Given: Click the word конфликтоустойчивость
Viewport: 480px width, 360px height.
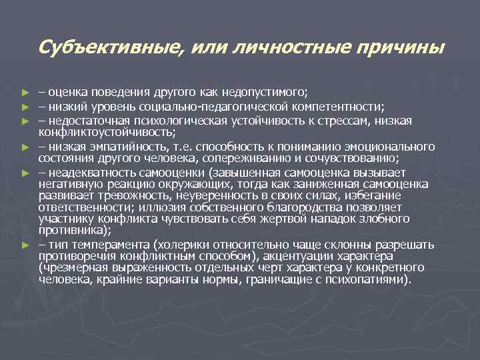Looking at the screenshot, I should pyautogui.click(x=98, y=131).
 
